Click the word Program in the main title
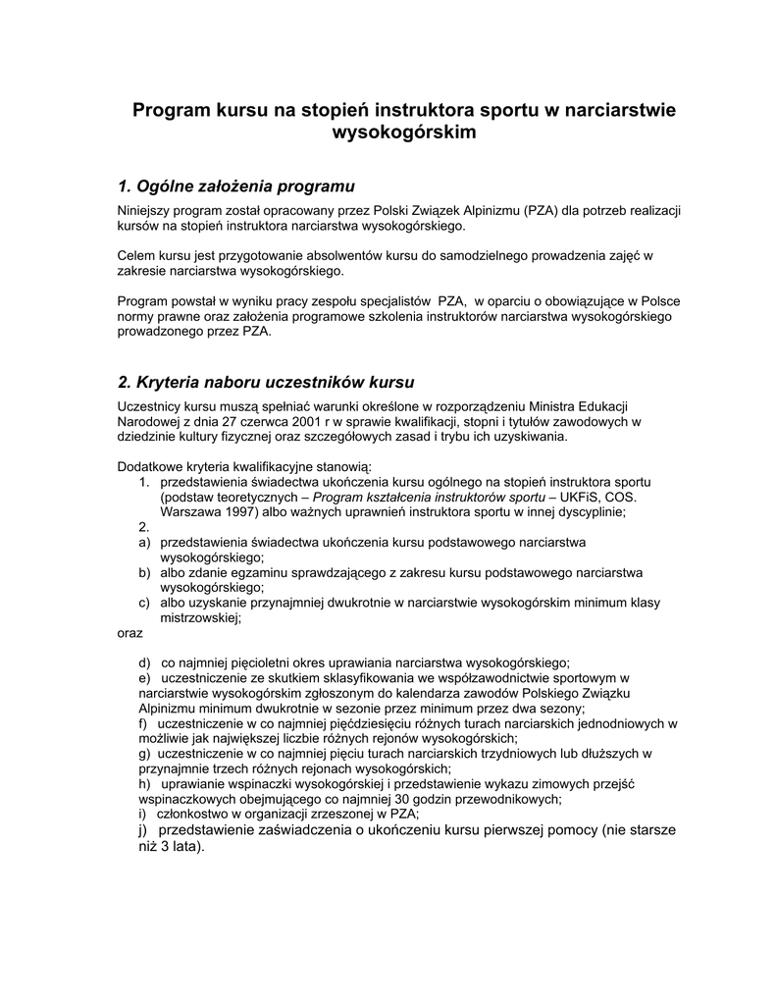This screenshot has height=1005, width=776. tap(170, 110)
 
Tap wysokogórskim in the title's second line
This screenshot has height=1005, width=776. tap(404, 132)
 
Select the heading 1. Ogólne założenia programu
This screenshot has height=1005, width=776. tap(235, 185)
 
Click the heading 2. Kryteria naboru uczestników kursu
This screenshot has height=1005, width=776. tap(266, 381)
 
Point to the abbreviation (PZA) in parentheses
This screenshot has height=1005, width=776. tap(541, 211)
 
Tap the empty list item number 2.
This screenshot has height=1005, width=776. tap(144, 527)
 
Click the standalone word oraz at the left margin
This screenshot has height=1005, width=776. tap(130, 633)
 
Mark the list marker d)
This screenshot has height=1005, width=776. tap(144, 662)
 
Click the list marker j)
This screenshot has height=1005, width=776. tap(144, 830)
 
